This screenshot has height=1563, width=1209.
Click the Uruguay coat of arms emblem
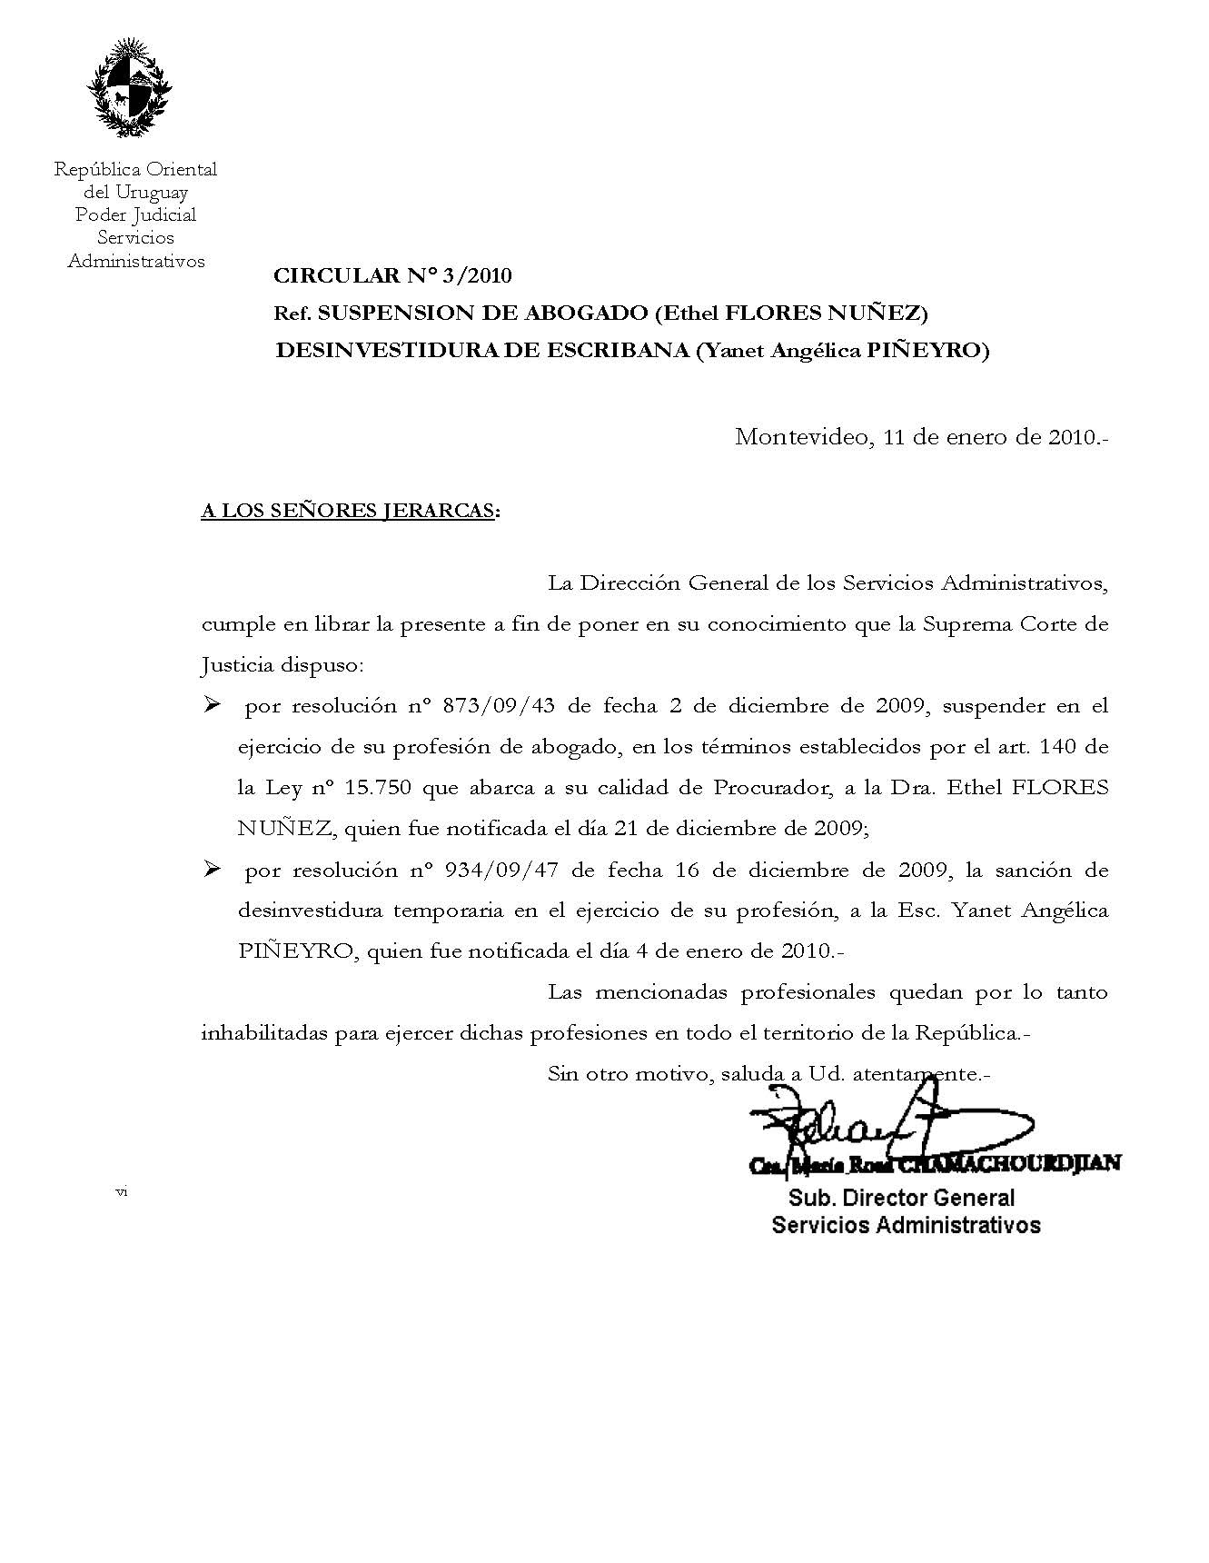pyautogui.click(x=129, y=88)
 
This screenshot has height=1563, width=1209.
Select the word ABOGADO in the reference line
pyautogui.click(x=583, y=314)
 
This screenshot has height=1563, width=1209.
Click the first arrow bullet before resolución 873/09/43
pyautogui.click(x=213, y=706)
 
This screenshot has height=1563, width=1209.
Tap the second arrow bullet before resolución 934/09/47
pyautogui.click(x=213, y=870)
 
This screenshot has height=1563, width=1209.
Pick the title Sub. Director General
pyautogui.click(x=901, y=1198)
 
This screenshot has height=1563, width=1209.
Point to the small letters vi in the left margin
pyautogui.click(x=122, y=1191)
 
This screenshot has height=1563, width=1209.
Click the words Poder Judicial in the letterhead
pyautogui.click(x=135, y=215)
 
